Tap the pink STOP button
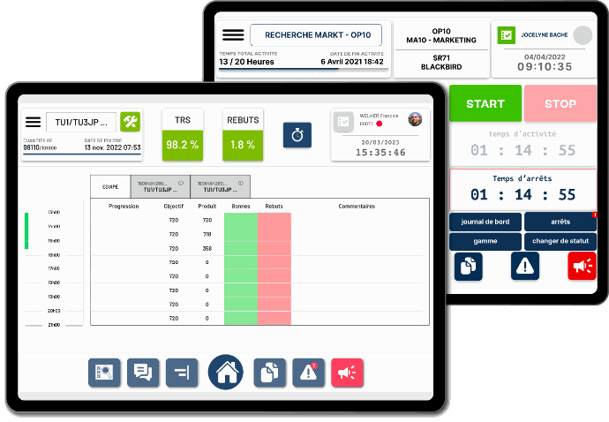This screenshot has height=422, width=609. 560,103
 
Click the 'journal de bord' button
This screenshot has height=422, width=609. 485,222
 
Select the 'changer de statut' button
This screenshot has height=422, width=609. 560,241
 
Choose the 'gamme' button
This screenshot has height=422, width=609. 485,241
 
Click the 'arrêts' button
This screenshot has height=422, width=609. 560,222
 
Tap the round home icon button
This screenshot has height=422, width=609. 226,372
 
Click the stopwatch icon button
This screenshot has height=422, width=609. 297,135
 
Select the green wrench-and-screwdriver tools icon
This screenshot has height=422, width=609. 130,122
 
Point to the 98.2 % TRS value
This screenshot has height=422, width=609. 182,144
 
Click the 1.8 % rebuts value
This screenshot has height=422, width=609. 243,144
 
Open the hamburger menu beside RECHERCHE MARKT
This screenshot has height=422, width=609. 233,35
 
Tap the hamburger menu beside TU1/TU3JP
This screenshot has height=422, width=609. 34,122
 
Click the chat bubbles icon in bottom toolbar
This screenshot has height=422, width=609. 143,373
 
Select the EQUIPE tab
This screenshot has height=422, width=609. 110,186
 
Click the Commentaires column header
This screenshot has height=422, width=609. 357,207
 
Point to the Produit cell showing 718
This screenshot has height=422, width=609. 207,234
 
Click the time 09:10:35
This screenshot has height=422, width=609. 545,66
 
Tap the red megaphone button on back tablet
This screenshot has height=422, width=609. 582,266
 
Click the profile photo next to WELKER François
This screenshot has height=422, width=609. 415,119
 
